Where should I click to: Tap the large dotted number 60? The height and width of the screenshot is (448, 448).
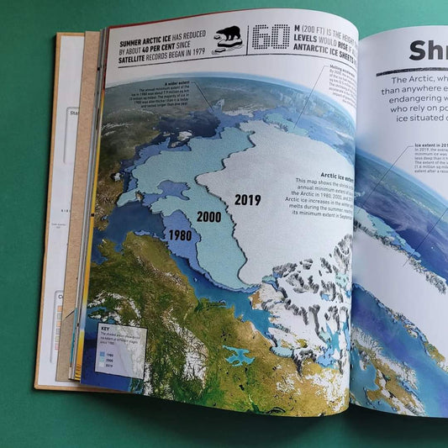tap(271, 38)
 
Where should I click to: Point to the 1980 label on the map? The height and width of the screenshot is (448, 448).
tap(179, 236)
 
